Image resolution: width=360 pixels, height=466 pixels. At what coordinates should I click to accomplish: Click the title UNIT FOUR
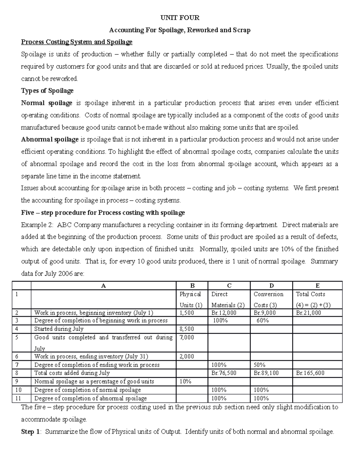click(180, 18)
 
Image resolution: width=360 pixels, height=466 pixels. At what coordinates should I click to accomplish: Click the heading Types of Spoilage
click(47, 91)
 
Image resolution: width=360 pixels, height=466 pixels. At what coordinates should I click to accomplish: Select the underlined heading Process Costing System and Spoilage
click(76, 42)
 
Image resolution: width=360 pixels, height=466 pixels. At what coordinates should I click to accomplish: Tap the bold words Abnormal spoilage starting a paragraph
click(50, 140)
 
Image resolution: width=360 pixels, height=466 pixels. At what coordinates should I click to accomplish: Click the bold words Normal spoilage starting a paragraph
click(46, 103)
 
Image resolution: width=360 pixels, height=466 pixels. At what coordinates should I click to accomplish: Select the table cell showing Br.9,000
click(265, 313)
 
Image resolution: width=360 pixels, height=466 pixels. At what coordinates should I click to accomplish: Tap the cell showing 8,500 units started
click(187, 329)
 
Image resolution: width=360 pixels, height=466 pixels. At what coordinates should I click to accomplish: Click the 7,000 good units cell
click(187, 338)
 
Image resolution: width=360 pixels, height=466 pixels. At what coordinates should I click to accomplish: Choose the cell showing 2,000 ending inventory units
click(187, 356)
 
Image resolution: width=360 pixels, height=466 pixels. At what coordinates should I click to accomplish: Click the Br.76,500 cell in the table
click(224, 373)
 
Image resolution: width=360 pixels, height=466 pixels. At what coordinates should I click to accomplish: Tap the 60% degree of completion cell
click(262, 320)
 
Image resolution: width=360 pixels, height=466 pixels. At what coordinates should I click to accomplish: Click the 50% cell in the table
click(259, 365)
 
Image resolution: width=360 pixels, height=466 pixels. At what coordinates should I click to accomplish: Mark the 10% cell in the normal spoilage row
click(185, 381)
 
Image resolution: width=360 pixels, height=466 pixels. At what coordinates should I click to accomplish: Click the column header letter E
click(317, 286)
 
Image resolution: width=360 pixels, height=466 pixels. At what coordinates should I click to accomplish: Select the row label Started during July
click(59, 329)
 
